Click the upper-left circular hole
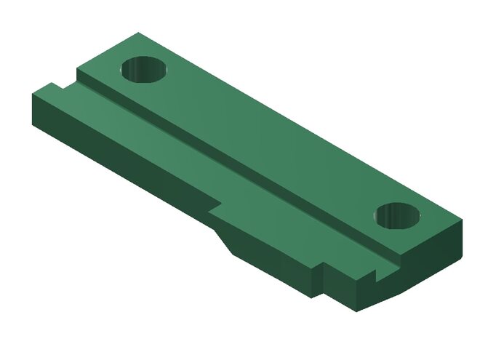click(x=144, y=70)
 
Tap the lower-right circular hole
click(x=399, y=216)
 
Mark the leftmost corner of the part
click(x=32, y=95)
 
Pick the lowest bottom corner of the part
click(x=356, y=311)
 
